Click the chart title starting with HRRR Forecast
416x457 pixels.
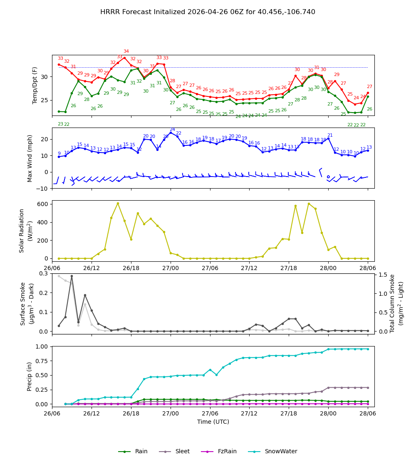[208, 12]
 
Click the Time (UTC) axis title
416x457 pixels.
[213, 422]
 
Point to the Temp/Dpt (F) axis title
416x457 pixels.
[35, 85]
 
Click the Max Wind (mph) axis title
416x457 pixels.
[30, 158]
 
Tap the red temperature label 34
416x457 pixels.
[126, 52]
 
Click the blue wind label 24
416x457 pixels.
[172, 129]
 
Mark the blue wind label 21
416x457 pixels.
[330, 135]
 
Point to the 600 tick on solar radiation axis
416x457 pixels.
[43, 204]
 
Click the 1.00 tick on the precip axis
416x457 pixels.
[42, 346]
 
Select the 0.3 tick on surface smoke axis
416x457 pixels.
[44, 273]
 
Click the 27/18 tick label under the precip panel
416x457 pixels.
[289, 414]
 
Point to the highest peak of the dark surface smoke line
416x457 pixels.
[72, 276]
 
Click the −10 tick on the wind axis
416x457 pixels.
[42, 189]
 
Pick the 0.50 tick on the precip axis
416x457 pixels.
[42, 375]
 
